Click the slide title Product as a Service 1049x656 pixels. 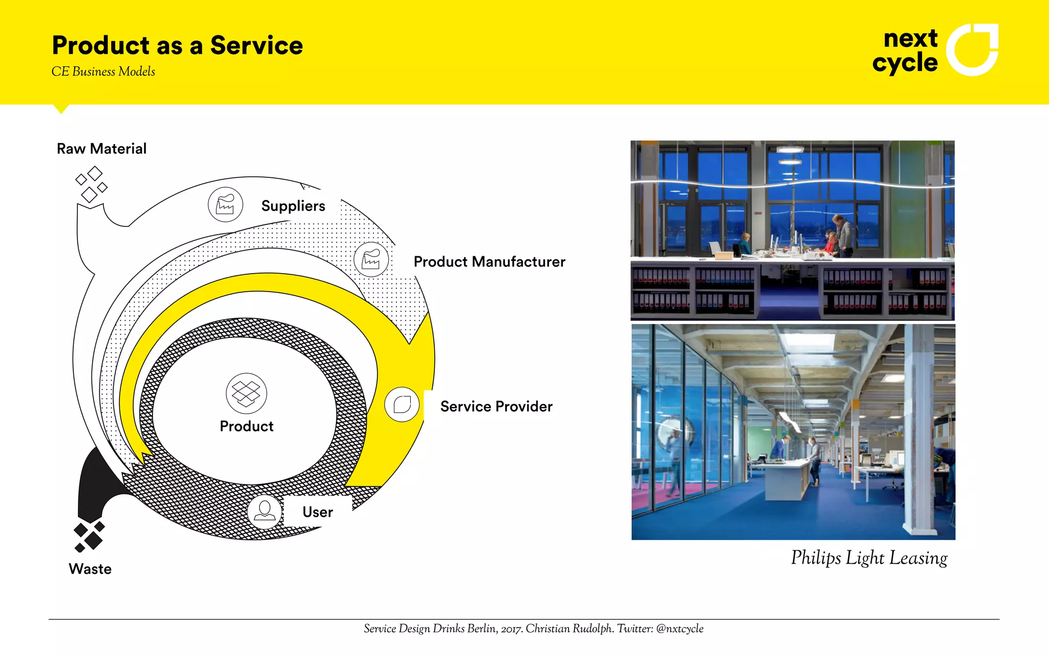(x=177, y=46)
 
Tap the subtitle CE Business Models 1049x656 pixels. (x=103, y=72)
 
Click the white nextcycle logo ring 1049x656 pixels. (x=972, y=50)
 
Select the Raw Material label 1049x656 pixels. (x=101, y=149)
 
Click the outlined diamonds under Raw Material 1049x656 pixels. (x=91, y=183)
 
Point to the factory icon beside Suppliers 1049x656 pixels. (x=225, y=204)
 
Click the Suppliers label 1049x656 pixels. (x=293, y=206)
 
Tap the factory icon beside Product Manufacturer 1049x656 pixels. (x=371, y=259)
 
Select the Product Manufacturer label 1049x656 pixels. (x=489, y=262)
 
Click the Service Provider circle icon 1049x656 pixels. (x=402, y=404)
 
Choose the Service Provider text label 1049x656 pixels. (x=496, y=406)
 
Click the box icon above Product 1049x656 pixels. (x=246, y=393)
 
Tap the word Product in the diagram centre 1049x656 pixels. (x=246, y=426)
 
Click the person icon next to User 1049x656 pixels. (x=265, y=511)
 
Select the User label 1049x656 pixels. (x=318, y=512)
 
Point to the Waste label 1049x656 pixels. (x=90, y=569)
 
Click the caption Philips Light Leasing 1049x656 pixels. (x=869, y=558)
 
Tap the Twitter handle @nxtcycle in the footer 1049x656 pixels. (x=680, y=629)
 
